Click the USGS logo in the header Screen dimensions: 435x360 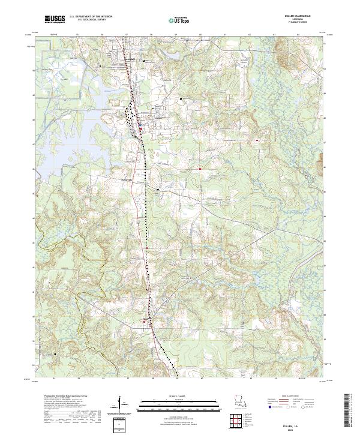(55, 20)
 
